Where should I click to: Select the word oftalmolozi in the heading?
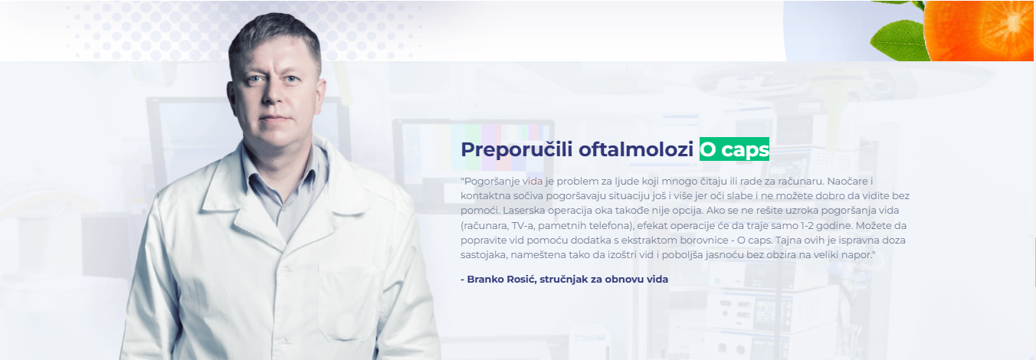click(x=636, y=149)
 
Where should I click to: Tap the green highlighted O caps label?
click(x=734, y=149)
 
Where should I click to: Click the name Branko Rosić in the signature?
click(x=501, y=279)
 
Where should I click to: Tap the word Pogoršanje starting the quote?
click(x=486, y=182)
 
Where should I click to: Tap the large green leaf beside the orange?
click(x=897, y=41)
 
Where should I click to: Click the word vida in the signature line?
click(x=657, y=279)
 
